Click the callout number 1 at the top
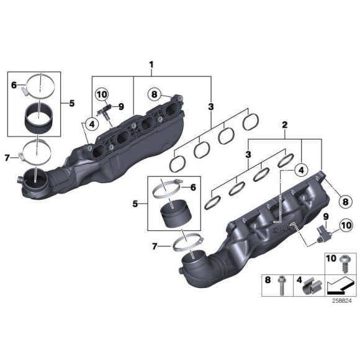tap(150, 64)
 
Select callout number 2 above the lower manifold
tap(284, 126)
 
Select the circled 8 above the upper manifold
tap(155, 95)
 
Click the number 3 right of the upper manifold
tap(211, 106)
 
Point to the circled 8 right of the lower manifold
tap(346, 200)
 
